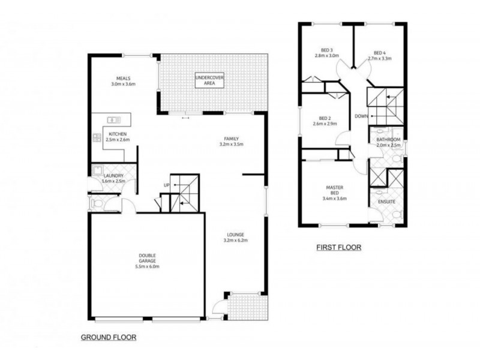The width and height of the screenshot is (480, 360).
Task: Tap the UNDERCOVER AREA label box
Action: pyautogui.click(x=209, y=80)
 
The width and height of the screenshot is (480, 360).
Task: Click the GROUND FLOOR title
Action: pyautogui.click(x=109, y=338)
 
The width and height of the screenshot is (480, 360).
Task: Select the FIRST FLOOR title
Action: pyautogui.click(x=338, y=247)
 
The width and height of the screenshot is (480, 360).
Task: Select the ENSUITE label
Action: pyautogui.click(x=386, y=202)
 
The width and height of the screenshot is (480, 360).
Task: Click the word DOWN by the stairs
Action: pyautogui.click(x=361, y=116)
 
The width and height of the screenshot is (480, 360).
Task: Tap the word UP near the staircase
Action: pyautogui.click(x=167, y=185)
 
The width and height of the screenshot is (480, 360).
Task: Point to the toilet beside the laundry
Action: pyautogui.click(x=95, y=204)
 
